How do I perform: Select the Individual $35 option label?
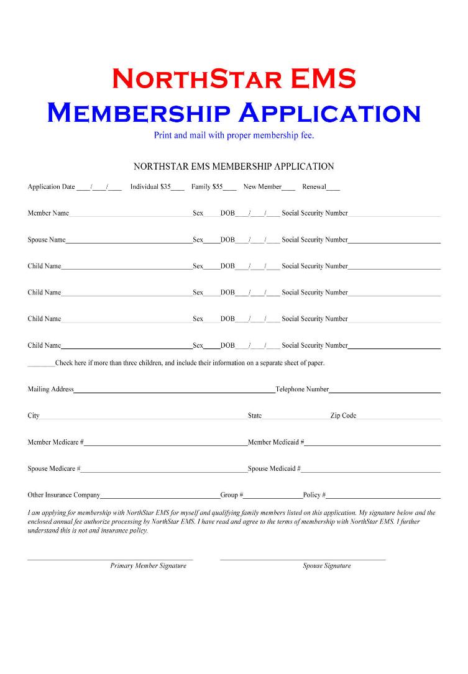pos(150,186)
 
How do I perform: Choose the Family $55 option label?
pos(207,186)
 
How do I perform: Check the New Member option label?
pos(262,186)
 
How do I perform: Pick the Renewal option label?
pos(314,186)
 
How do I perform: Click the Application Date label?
pos(51,186)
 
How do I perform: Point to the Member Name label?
pos(48,213)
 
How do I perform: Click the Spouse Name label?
pos(47,240)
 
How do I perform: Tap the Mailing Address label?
pos(50,389)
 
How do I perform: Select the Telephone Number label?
pos(302,389)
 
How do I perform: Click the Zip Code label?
pos(343,416)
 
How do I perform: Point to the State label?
pos(255,416)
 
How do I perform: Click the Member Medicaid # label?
pos(276,442)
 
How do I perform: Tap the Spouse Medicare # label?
pos(54,468)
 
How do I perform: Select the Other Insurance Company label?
pos(63,495)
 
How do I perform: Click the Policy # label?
pos(314,495)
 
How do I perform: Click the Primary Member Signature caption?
pos(148,566)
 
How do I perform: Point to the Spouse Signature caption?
pos(327,566)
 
